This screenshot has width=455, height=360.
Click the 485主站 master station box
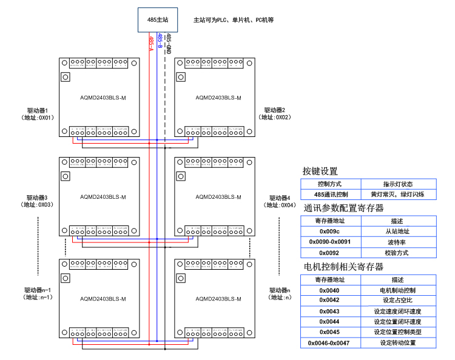158,20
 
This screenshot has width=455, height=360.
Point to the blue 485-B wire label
160,41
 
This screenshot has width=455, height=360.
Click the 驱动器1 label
38,110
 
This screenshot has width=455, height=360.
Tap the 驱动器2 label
274,110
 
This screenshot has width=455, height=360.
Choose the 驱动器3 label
38,198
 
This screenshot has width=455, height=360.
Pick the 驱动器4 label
280,198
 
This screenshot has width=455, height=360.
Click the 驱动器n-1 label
38,290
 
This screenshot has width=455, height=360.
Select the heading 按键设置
320,172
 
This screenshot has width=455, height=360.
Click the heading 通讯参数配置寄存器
343,208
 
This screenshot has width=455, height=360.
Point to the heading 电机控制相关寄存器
343,267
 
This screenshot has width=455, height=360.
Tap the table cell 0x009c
331,230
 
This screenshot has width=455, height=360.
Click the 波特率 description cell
398,241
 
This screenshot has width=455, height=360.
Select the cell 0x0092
331,252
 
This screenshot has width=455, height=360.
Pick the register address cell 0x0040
331,290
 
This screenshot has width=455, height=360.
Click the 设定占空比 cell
398,300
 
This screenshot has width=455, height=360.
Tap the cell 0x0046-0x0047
331,342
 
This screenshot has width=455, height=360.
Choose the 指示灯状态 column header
398,184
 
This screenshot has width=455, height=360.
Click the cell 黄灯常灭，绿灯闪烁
398,195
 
